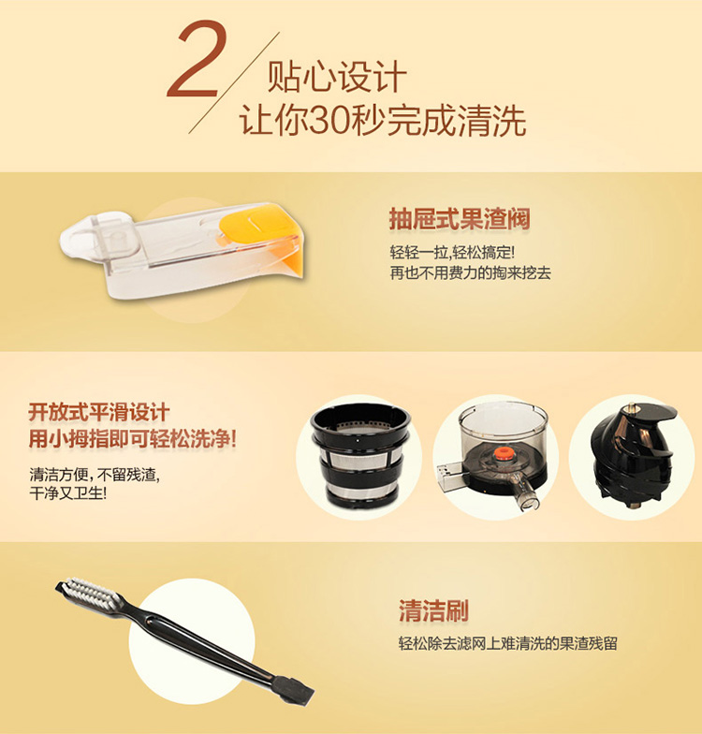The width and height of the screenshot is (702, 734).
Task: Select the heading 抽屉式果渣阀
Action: [x=460, y=219]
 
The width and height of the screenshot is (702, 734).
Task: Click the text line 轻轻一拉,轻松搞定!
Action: [x=452, y=253]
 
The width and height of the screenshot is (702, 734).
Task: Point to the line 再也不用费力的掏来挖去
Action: [x=470, y=273]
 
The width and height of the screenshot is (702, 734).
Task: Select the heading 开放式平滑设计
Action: [x=99, y=412]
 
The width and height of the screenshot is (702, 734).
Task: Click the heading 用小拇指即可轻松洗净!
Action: [x=133, y=439]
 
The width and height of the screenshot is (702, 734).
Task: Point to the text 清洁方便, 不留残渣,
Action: [x=95, y=475]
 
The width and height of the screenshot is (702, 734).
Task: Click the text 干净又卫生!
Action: [x=67, y=492]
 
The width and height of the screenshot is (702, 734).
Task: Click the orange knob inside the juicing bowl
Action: [x=502, y=454]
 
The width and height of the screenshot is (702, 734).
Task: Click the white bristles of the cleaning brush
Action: [x=89, y=592]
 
